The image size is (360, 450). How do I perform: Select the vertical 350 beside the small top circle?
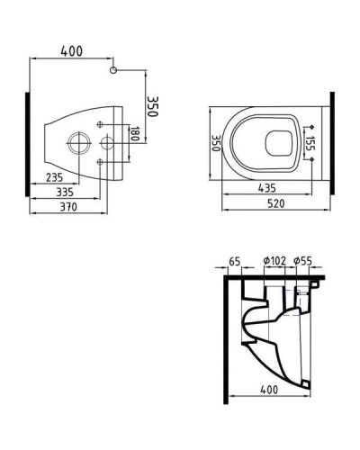pos(153,93)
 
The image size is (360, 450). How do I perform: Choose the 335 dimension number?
pos(62,193)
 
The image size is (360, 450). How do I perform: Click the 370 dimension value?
pos(64,207)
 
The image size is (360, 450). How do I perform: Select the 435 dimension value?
pos(265,189)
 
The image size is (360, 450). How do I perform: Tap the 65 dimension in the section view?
pos(235,262)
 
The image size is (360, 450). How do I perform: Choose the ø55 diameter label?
pos(302,262)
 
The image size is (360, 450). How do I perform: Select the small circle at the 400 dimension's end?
pos(112,69)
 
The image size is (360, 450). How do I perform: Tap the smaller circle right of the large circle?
pos(105,142)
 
